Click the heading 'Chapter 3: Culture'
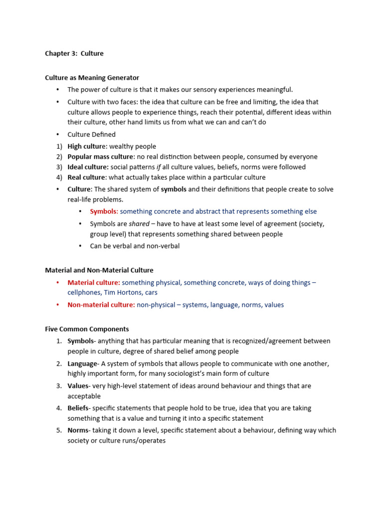(74, 53)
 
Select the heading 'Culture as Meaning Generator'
(92, 78)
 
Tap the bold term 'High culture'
(86, 146)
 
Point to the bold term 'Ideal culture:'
(88, 167)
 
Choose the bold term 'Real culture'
(87, 177)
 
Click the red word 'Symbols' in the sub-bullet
(103, 212)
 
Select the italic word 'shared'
(139, 224)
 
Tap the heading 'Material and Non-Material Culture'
(99, 270)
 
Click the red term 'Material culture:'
(94, 282)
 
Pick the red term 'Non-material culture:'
(101, 305)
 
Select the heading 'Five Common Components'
(87, 329)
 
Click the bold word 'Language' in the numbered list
(82, 364)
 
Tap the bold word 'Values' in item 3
(78, 386)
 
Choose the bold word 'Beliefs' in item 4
(78, 408)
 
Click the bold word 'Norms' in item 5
(78, 430)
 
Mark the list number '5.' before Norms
(59, 430)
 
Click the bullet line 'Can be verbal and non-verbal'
(135, 246)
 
